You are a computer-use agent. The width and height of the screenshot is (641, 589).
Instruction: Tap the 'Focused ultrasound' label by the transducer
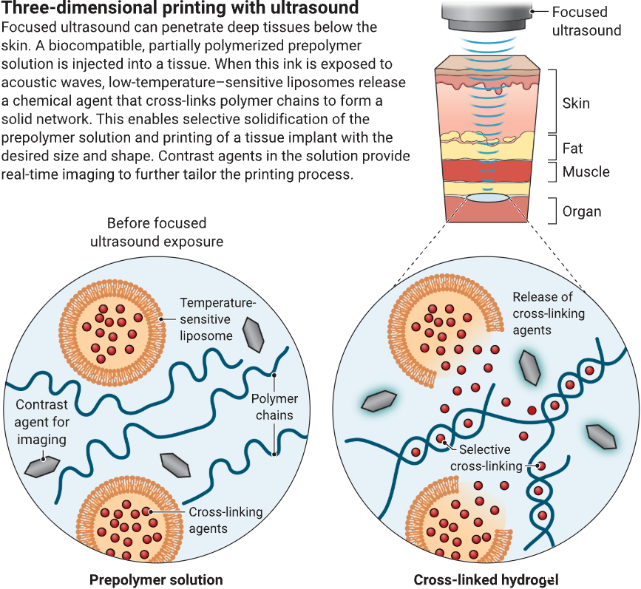click(x=586, y=21)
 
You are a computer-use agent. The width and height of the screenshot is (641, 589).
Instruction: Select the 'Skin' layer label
click(x=576, y=103)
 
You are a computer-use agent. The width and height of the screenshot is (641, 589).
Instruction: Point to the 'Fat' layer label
click(x=572, y=148)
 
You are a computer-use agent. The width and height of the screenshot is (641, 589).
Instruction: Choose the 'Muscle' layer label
click(x=586, y=171)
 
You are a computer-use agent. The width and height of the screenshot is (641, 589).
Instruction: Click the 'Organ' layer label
click(x=582, y=211)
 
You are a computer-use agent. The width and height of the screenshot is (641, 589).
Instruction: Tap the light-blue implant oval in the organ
click(x=488, y=198)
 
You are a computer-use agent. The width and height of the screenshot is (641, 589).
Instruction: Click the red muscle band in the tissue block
click(x=487, y=171)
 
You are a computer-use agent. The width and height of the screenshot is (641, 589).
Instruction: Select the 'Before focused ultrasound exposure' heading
click(x=157, y=232)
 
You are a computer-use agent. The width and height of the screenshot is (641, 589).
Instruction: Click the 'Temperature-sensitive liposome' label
click(x=218, y=319)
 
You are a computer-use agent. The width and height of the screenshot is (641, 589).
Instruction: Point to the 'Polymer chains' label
click(x=274, y=406)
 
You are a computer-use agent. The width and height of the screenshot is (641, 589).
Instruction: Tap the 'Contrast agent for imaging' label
click(x=41, y=422)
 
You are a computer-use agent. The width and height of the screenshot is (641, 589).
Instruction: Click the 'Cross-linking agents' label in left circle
click(x=225, y=520)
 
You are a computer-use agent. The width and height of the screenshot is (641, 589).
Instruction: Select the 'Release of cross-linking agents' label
click(x=549, y=313)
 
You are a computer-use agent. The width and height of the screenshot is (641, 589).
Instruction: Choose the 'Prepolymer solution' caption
click(x=156, y=579)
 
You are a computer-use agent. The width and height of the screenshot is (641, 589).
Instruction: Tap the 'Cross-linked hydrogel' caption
click(x=486, y=579)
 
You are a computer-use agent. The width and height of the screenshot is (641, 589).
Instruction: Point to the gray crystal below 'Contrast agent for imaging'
click(x=42, y=467)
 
